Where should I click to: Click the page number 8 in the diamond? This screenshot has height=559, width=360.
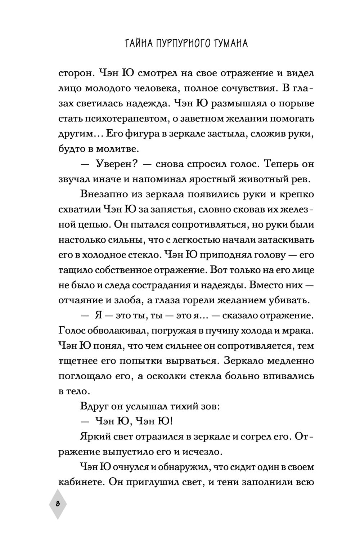tap(58, 504)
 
